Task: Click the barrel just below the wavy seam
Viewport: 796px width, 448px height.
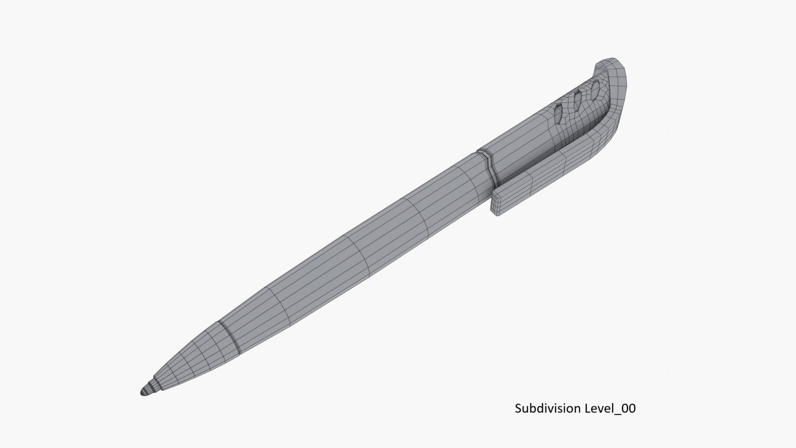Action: point(464,178)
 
